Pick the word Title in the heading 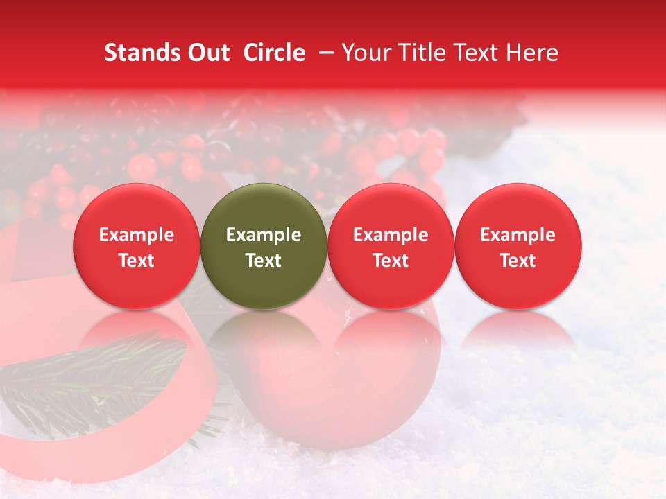pos(424,53)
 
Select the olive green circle pos(264,247)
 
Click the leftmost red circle pos(137,247)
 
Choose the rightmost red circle pos(518,247)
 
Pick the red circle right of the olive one pos(391,247)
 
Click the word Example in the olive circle pos(264,235)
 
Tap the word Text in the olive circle pos(264,261)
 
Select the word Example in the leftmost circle pos(137,235)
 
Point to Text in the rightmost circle pos(518,261)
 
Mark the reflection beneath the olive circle pos(264,333)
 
